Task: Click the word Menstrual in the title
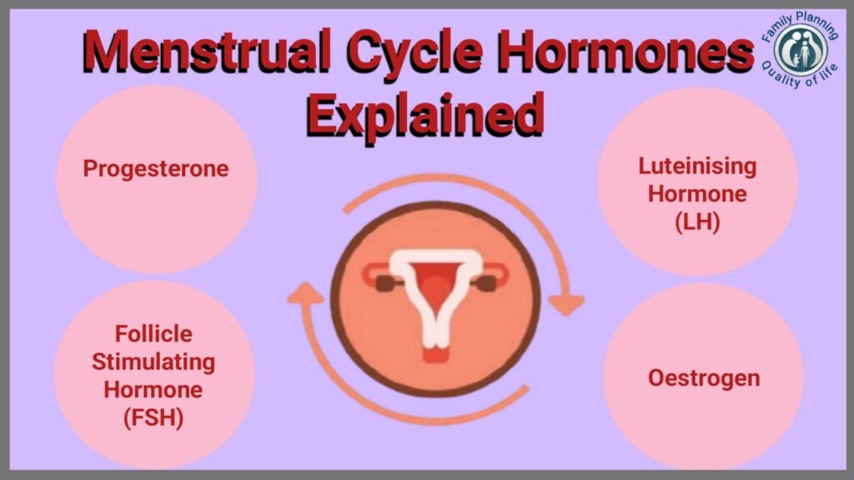click(207, 51)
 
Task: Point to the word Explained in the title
click(425, 116)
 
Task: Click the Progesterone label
click(156, 169)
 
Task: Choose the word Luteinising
click(698, 167)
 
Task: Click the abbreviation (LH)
click(698, 222)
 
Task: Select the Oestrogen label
click(704, 377)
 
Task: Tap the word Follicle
click(153, 333)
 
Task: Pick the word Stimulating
click(153, 362)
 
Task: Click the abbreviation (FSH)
click(153, 418)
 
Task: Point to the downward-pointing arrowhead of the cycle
click(566, 305)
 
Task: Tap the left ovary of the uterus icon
click(387, 283)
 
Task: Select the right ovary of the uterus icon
click(485, 283)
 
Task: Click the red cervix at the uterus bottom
click(435, 355)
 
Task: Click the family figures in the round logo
click(801, 49)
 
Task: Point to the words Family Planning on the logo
click(800, 25)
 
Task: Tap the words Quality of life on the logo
click(800, 76)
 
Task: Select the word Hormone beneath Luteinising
click(698, 194)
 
